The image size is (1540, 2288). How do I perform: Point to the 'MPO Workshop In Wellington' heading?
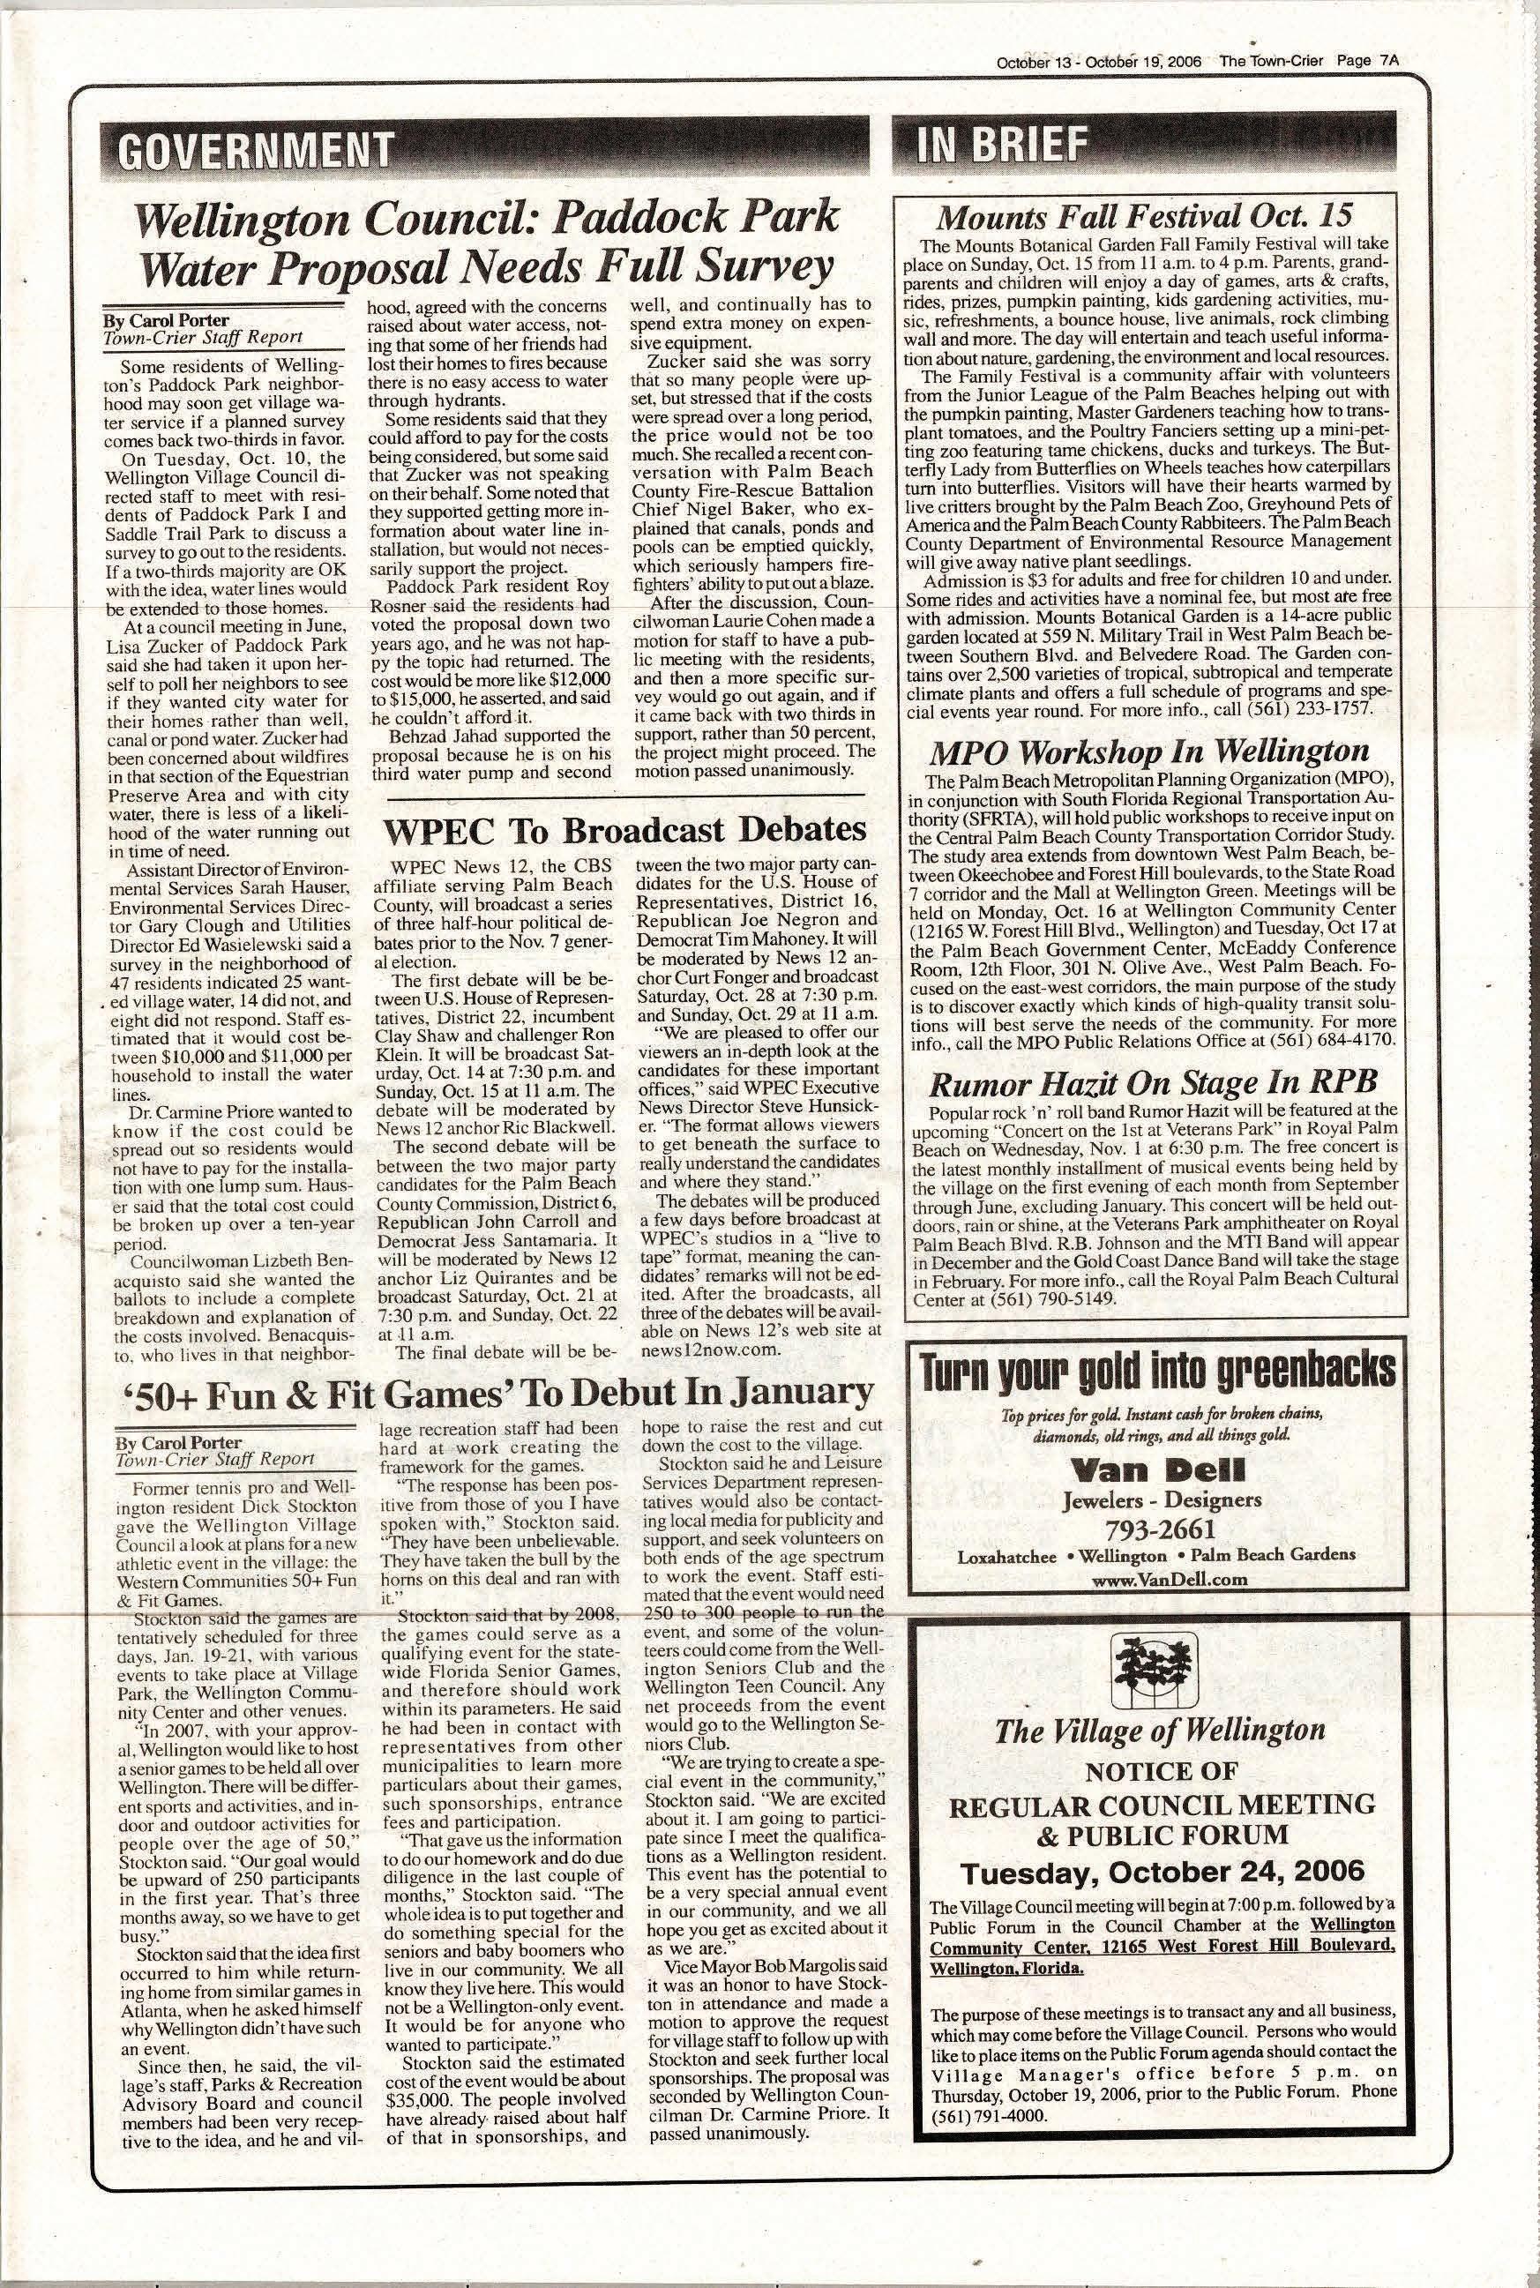1149,751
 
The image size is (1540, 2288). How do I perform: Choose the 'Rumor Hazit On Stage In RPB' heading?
1152,1082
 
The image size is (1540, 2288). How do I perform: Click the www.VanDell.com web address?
1155,1579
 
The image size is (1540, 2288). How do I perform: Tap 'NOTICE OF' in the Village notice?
1162,1771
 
